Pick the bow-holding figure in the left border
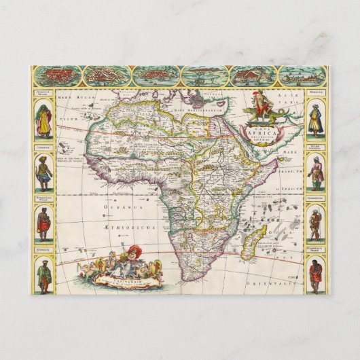(x=43, y=175)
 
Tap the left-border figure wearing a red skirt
(x=43, y=225)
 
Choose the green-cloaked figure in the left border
(x=43, y=275)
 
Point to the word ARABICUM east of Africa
(x=285, y=173)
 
